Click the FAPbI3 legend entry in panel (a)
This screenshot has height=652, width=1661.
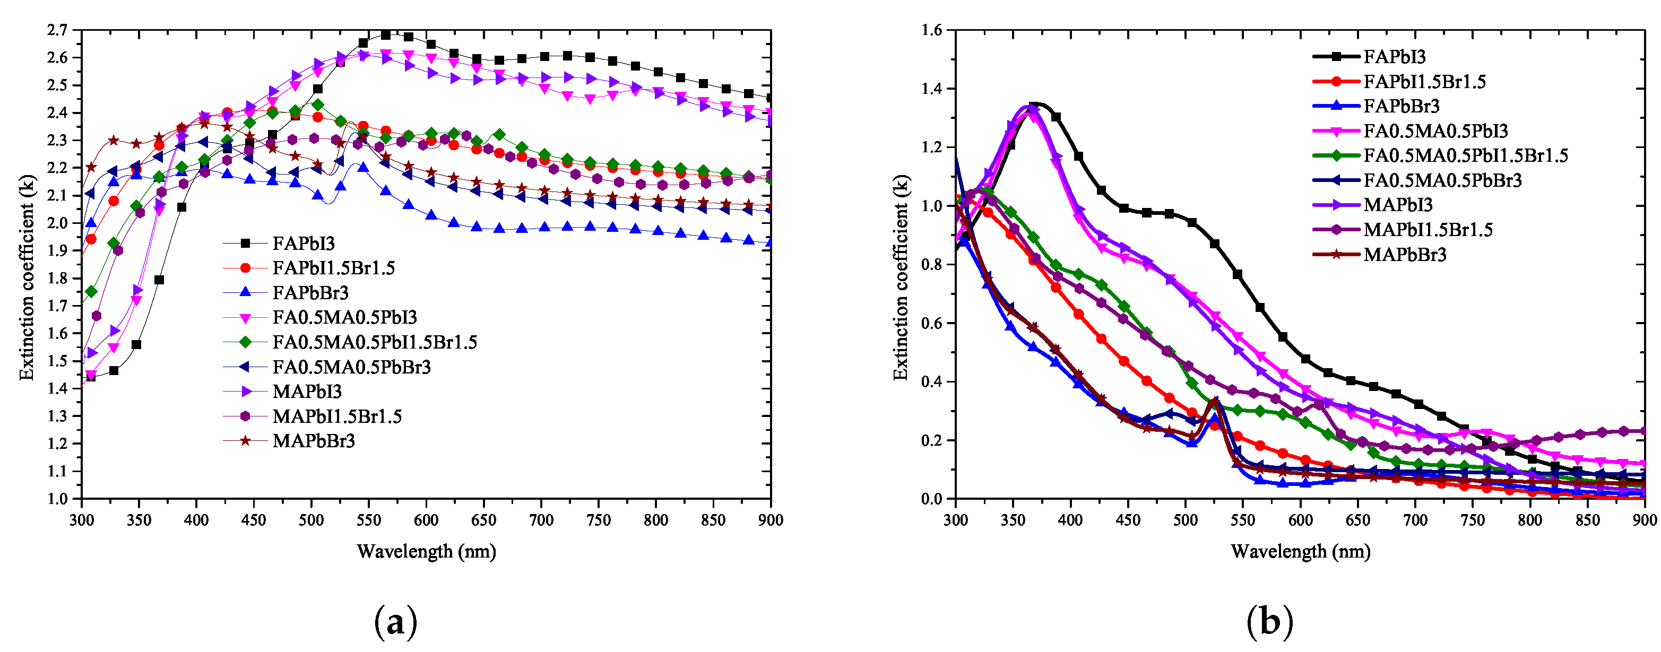coord(303,243)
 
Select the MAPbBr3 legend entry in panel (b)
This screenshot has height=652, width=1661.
coord(1404,255)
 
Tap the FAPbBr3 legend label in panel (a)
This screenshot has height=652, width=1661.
coord(310,293)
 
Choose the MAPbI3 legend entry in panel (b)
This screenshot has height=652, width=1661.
coord(1397,205)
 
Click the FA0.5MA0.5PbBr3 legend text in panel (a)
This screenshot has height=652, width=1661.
coord(351,367)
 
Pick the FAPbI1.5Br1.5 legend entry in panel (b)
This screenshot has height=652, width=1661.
coord(1424,82)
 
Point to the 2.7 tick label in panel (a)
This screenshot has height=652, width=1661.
coord(57,30)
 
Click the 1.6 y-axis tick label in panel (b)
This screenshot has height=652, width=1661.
coord(931,30)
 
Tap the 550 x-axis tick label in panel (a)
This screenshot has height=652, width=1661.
coord(368,520)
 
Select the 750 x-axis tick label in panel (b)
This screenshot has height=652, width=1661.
coord(1472,520)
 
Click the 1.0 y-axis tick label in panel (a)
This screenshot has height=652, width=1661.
coord(57,499)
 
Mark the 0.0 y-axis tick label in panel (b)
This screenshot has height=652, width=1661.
coord(931,499)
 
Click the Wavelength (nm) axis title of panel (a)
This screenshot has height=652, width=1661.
coord(426,551)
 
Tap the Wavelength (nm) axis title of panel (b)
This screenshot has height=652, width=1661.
coord(1300,551)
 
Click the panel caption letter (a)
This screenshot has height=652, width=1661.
coord(395,622)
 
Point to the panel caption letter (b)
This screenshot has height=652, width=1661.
coord(1269,622)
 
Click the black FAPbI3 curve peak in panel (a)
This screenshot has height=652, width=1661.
coord(386,34)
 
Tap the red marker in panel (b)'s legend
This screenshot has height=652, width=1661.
coord(1336,82)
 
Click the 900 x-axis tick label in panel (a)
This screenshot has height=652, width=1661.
coord(770,520)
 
